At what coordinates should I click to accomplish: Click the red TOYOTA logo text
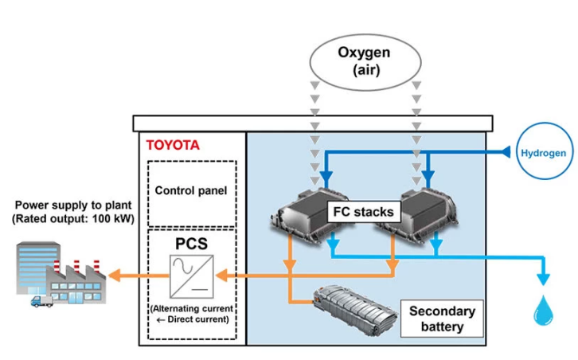172,146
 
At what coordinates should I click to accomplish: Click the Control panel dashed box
191,192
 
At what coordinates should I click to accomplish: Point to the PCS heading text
191,242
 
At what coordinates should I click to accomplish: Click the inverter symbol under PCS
191,276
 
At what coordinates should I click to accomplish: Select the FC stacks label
363,212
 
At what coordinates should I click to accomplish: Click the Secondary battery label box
442,319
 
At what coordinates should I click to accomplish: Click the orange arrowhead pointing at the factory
115,276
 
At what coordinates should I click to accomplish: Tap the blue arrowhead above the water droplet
544,279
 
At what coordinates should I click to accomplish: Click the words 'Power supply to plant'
73,205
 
